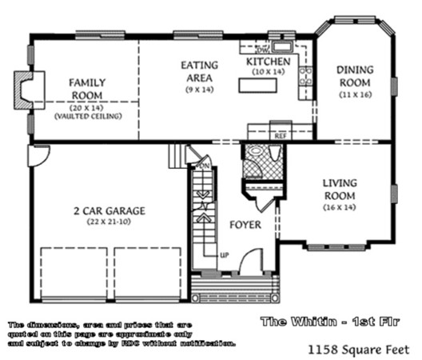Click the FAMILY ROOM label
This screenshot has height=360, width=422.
pyautogui.click(x=88, y=88)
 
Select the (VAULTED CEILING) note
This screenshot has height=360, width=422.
pyautogui.click(x=88, y=117)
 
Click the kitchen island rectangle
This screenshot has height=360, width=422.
pyautogui.click(x=261, y=86)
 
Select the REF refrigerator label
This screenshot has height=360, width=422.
pyautogui.click(x=280, y=136)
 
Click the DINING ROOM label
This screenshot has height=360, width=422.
pyautogui.click(x=354, y=76)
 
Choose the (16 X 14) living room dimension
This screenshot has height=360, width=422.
pyautogui.click(x=340, y=207)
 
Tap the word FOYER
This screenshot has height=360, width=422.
pyautogui.click(x=245, y=226)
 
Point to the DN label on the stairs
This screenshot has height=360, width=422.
pyautogui.click(x=204, y=166)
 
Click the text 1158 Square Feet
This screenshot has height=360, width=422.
pyautogui.click(x=358, y=349)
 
